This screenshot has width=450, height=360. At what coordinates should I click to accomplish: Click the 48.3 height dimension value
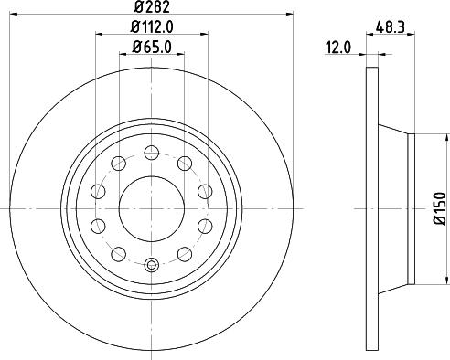click(x=391, y=28)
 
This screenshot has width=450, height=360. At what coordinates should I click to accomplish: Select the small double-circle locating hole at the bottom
click(x=152, y=266)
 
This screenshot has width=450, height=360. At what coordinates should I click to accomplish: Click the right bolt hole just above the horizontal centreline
click(x=206, y=192)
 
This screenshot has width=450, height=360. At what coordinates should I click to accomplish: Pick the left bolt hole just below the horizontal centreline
click(x=99, y=226)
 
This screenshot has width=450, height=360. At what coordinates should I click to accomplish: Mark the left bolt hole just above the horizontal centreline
click(x=99, y=192)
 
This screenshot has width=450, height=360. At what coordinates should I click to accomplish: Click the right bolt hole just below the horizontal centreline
click(x=206, y=226)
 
